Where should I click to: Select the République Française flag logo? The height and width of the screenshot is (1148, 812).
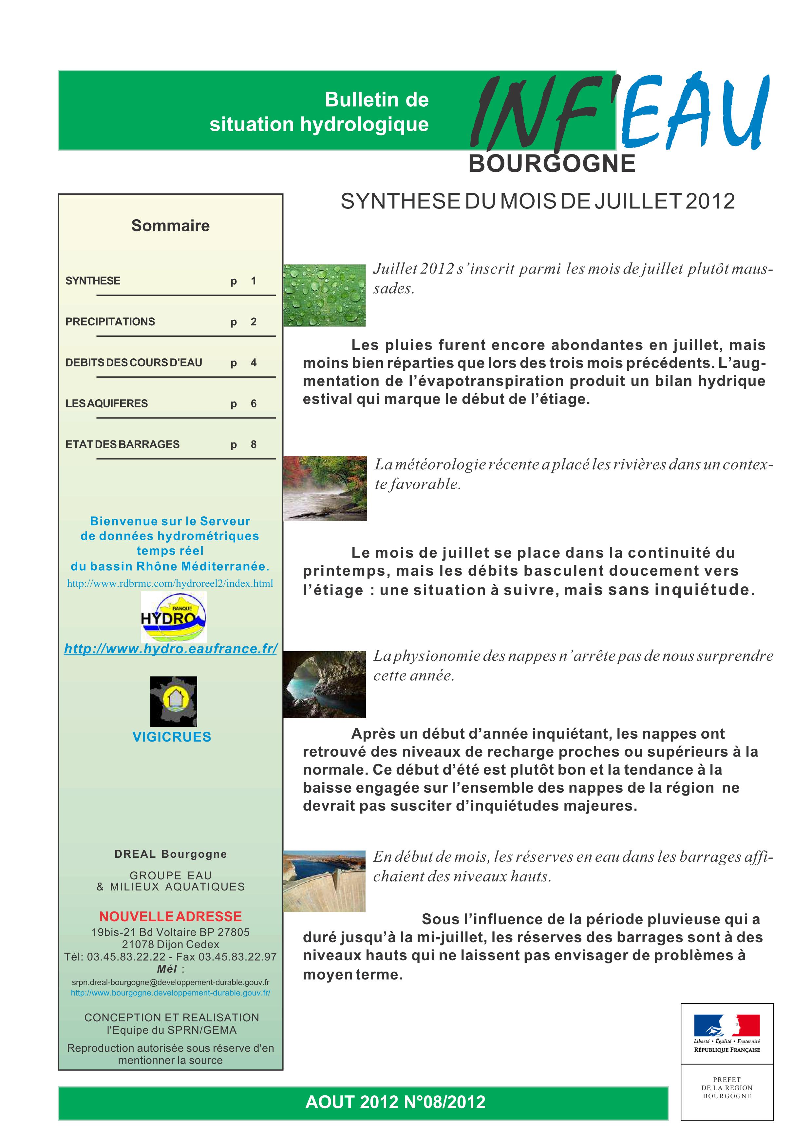[727, 1033]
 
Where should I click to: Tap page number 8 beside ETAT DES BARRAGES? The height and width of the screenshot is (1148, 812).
[254, 444]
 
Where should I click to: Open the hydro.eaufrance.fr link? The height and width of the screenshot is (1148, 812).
[171, 649]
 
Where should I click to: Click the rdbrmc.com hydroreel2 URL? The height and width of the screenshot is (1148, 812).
[170, 583]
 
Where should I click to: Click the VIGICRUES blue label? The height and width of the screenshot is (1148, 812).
[172, 737]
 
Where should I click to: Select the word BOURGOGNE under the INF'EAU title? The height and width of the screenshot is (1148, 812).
[552, 164]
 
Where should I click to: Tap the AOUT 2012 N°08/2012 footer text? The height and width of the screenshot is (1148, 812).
[395, 1102]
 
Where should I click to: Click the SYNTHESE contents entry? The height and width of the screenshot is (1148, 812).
[93, 280]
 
